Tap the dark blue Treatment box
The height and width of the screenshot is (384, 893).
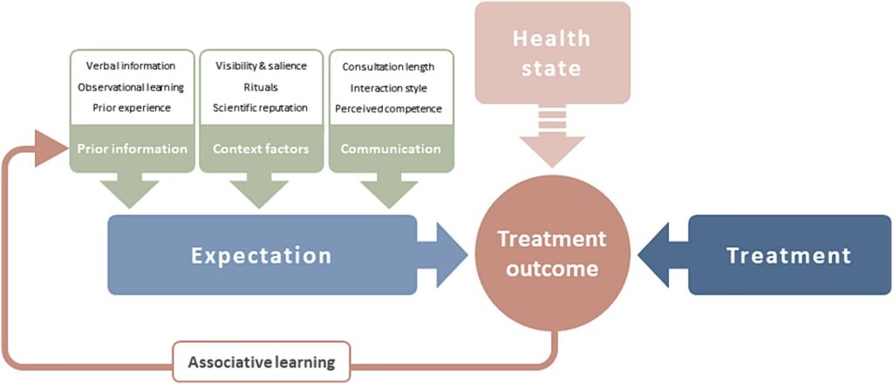click(788, 256)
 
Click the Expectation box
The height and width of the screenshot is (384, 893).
click(262, 256)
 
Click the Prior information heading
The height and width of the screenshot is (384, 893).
click(132, 148)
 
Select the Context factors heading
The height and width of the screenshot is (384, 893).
click(261, 148)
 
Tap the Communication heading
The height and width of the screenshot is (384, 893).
click(390, 148)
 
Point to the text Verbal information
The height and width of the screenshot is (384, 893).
click(131, 66)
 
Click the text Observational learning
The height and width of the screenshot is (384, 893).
click(131, 87)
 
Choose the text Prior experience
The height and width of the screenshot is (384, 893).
click(131, 107)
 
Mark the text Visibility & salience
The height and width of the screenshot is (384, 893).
click(260, 66)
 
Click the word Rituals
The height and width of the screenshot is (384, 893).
click(260, 87)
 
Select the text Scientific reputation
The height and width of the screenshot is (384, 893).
click(260, 107)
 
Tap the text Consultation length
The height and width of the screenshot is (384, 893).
click(389, 66)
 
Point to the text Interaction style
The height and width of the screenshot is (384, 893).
click(389, 87)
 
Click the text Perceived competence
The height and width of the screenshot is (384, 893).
click(389, 108)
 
